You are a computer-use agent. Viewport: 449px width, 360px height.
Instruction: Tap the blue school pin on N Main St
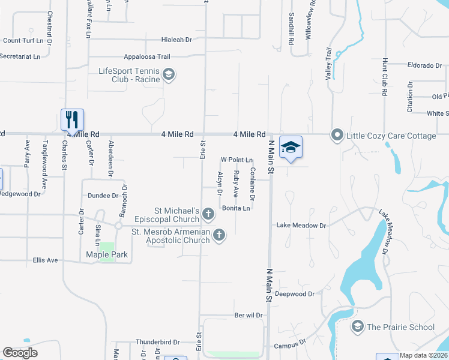click(291, 148)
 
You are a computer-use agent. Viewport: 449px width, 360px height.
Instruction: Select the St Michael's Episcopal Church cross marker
click(208, 213)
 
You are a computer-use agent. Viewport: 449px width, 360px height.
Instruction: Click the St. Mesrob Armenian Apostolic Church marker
click(219, 235)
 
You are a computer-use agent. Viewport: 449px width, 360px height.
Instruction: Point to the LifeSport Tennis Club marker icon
click(169, 76)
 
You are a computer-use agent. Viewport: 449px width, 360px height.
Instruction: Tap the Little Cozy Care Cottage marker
click(337, 136)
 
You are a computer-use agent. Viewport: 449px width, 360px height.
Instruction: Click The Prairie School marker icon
click(358, 326)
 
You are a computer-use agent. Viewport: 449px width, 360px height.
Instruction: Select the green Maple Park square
click(106, 251)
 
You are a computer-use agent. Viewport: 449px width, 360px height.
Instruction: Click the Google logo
click(20, 353)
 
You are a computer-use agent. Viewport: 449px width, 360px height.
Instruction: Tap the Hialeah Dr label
click(176, 40)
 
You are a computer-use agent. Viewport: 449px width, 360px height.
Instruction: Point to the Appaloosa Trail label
click(147, 57)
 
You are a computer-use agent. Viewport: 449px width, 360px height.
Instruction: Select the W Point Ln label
click(237, 160)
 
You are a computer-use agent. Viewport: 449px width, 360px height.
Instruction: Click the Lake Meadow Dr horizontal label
click(301, 226)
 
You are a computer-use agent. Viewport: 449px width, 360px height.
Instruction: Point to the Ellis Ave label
click(45, 260)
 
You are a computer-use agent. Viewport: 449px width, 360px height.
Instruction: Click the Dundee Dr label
click(103, 196)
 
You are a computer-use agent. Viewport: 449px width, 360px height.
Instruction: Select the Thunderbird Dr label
click(158, 342)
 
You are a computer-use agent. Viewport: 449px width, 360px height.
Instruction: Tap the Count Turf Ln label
click(24, 41)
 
